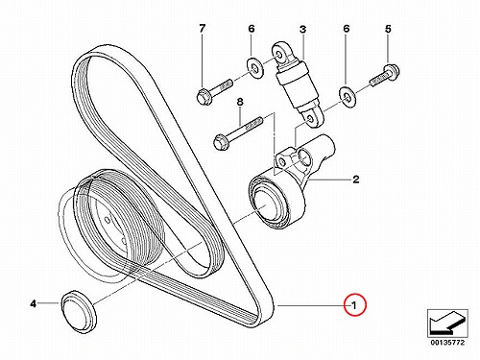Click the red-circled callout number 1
(x=354, y=305)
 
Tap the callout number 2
(x=355, y=180)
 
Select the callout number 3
(x=302, y=30)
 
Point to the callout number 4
(x=34, y=303)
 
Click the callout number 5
(x=388, y=29)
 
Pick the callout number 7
(x=202, y=29)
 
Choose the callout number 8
(x=240, y=102)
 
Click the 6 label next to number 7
(x=252, y=29)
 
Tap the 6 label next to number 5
(x=347, y=29)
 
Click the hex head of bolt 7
(x=203, y=97)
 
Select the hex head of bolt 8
(x=221, y=142)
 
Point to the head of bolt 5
(x=392, y=71)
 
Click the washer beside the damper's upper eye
(x=254, y=67)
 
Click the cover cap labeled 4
(x=79, y=311)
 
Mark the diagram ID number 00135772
(x=447, y=343)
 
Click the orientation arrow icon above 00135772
(x=447, y=324)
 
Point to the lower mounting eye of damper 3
(x=311, y=119)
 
